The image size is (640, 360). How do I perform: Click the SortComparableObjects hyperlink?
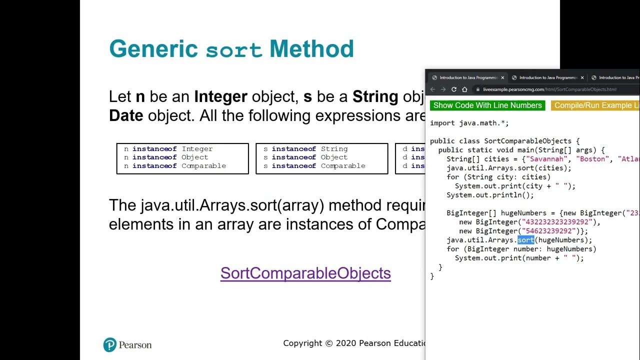[305, 273]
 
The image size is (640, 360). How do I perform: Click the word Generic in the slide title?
[153, 49]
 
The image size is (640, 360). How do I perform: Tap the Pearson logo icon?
[109, 344]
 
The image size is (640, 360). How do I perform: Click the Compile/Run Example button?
[595, 105]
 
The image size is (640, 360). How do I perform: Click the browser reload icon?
[454, 89]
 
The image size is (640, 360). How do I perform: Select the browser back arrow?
[433, 89]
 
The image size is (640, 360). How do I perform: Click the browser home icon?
[464, 89]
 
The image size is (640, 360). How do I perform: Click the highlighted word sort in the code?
[525, 240]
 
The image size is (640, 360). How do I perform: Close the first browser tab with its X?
[502, 78]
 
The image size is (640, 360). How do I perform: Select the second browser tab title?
[548, 78]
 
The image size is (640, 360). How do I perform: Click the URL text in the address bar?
[549, 89]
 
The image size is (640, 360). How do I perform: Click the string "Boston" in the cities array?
[594, 159]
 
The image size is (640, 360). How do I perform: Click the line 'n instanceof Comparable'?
[175, 166]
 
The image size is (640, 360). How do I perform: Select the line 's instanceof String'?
[305, 149]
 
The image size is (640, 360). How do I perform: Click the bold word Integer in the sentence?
[220, 96]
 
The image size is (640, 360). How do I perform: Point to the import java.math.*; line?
[469, 123]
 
